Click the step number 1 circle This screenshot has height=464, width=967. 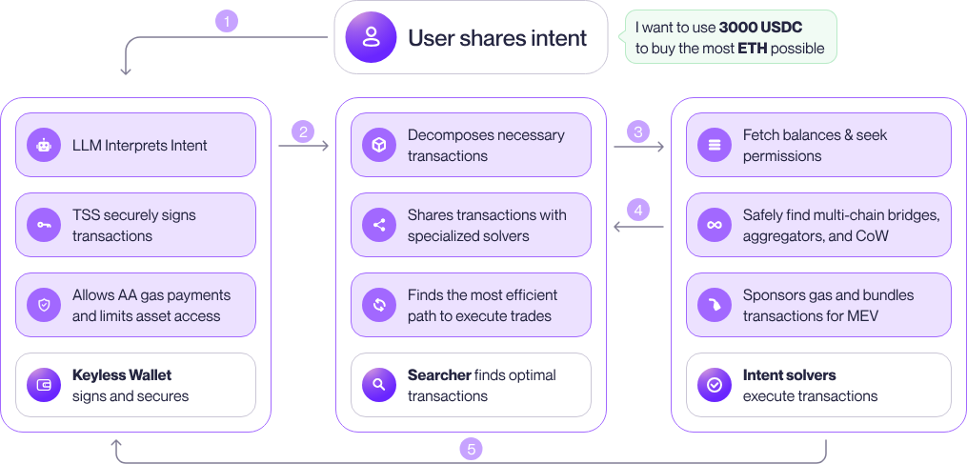pos(226,20)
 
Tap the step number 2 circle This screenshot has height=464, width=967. pos(303,131)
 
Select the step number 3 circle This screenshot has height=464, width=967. pos(639,131)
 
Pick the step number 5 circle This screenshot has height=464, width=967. pos(471,448)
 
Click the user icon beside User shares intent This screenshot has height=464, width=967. pos(370,38)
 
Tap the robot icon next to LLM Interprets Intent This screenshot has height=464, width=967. pos(44,146)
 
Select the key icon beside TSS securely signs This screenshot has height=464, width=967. pos(44,225)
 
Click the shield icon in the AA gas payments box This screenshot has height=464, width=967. pos(44,305)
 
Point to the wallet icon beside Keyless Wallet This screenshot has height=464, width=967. pos(44,385)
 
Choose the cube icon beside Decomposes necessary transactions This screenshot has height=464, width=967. pos(379,146)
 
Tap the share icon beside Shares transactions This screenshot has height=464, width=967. pos(379,225)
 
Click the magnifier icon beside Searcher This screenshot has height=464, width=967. pos(379,385)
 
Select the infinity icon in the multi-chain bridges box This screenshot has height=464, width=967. pos(715,225)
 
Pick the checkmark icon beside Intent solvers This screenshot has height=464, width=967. pos(715,385)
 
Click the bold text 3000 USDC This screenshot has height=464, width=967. pos(759,28)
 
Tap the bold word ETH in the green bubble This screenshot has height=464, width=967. pos(751,48)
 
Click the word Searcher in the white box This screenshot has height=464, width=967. pos(438,375)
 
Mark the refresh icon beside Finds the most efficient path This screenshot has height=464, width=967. pos(379,305)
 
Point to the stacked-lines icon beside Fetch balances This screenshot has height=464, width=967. pos(715,146)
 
